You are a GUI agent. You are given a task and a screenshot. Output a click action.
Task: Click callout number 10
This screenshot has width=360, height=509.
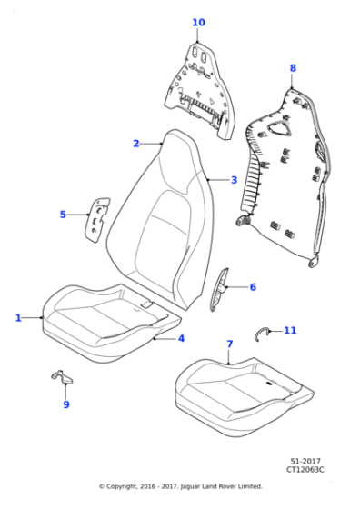point(199,23)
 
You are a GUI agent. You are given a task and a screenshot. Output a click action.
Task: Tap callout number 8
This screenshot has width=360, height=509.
point(293,68)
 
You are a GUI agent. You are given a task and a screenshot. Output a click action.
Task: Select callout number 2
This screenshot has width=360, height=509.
point(136,144)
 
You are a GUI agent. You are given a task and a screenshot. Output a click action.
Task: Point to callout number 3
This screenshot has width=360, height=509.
point(234,180)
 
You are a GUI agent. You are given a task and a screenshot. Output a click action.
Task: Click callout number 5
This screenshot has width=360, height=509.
point(63,215)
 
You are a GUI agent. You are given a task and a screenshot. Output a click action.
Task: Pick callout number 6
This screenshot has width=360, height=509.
point(253,287)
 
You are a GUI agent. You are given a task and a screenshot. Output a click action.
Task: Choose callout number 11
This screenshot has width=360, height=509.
point(290,331)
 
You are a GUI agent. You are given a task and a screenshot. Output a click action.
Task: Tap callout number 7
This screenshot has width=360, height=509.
point(229,344)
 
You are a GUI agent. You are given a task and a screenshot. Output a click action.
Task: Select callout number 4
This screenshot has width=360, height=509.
point(181,338)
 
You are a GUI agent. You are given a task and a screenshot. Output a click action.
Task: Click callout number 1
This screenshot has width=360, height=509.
point(18,318)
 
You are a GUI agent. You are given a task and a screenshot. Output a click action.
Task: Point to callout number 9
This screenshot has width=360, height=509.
point(66,404)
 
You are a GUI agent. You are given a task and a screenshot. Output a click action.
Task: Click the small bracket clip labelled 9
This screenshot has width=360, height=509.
point(63,377)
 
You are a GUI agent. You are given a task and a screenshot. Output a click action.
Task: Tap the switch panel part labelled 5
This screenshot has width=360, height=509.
point(96,220)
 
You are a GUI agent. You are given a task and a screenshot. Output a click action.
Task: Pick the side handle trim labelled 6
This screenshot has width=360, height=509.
point(219,289)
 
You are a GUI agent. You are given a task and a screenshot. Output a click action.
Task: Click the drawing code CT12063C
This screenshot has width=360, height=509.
point(305,469)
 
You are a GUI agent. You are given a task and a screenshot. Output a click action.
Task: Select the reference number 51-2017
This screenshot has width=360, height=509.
point(305,462)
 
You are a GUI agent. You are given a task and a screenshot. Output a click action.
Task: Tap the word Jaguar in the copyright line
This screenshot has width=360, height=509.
point(189,486)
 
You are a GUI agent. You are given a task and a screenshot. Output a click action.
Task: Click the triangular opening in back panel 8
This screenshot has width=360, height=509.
point(279,128)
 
